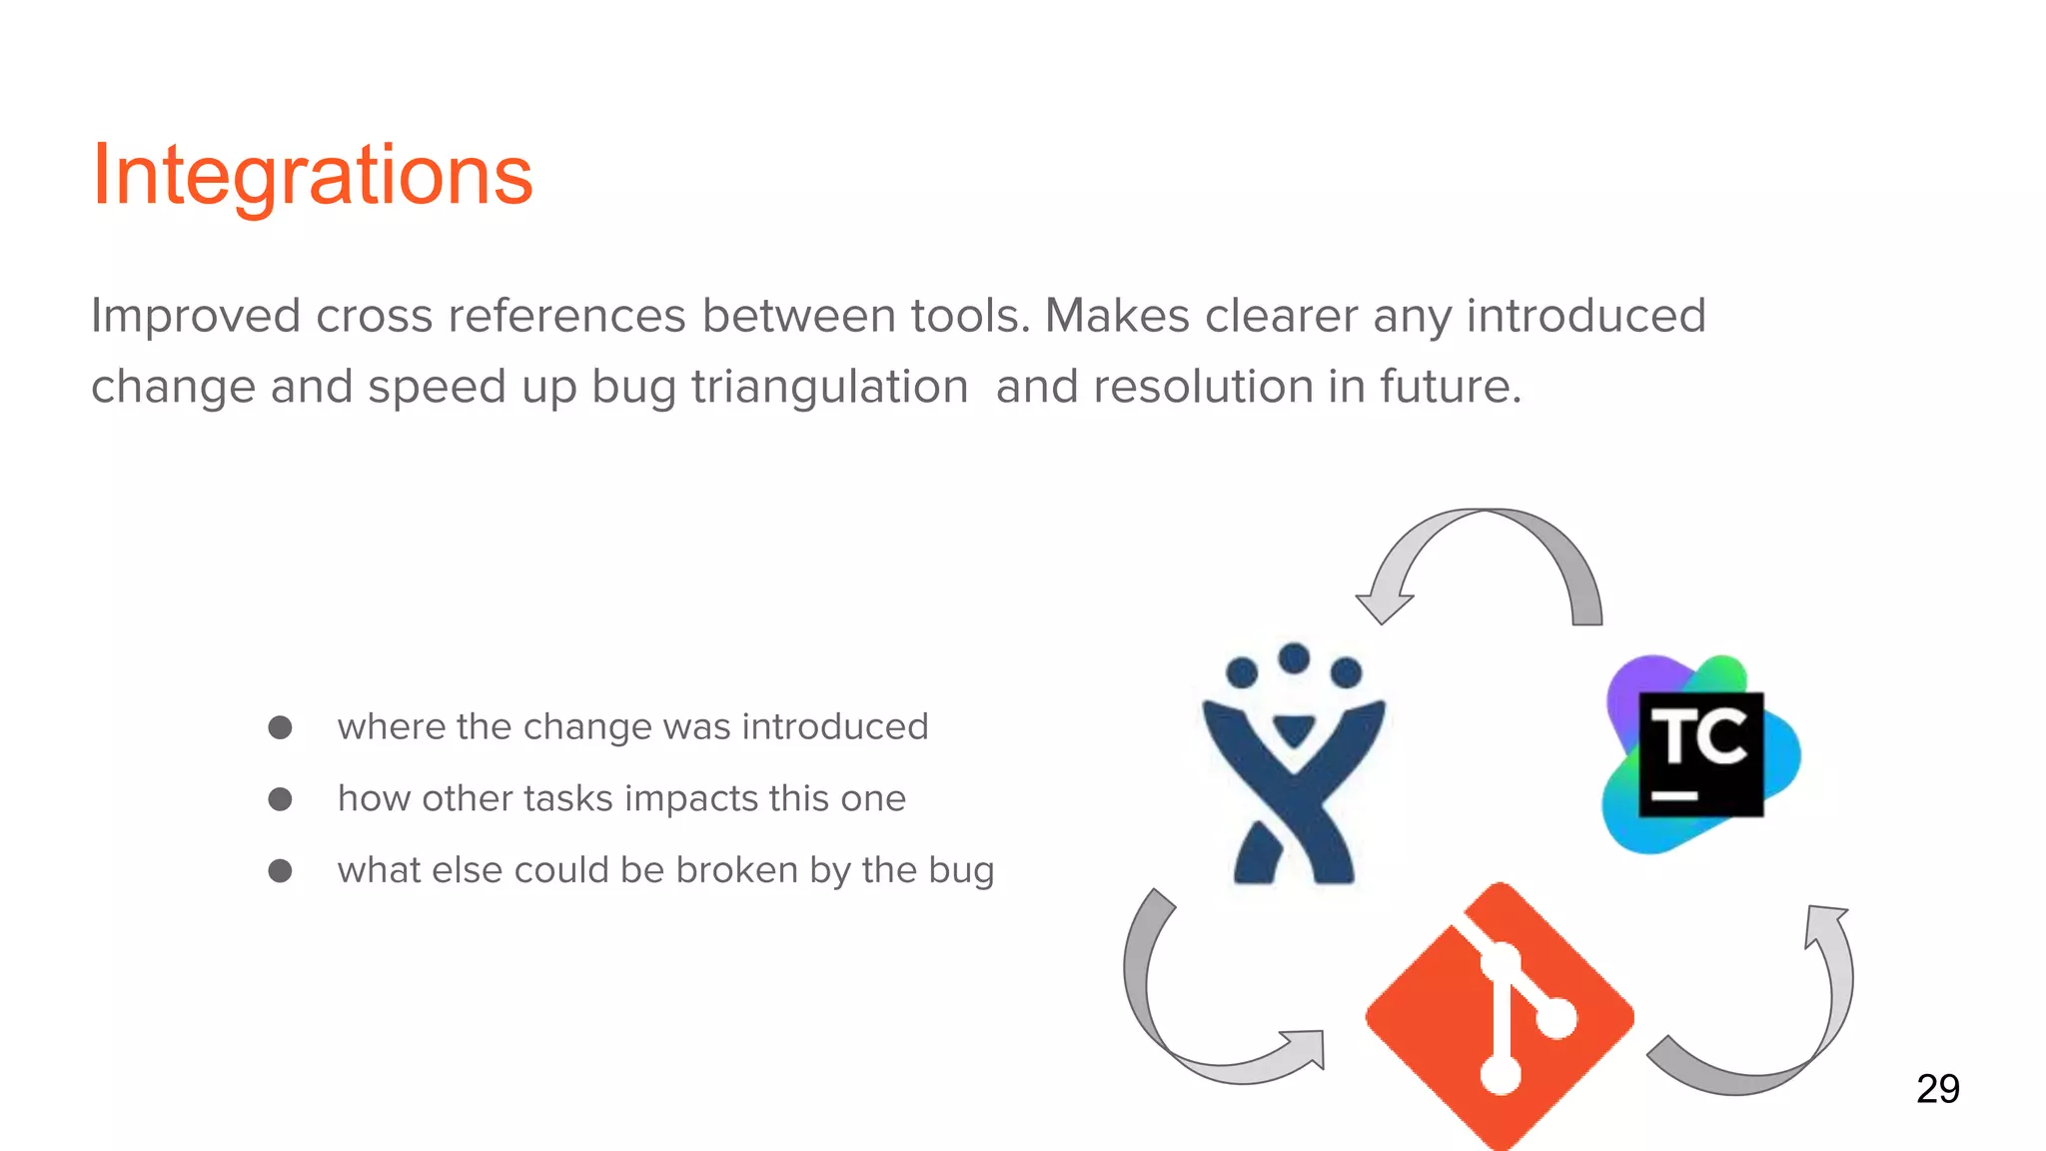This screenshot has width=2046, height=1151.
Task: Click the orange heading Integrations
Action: click(x=312, y=176)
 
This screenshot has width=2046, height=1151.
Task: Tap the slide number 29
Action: click(x=1937, y=1088)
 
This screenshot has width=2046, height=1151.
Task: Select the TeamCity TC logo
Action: click(x=1701, y=754)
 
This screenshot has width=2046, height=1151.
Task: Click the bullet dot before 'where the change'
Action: click(x=280, y=727)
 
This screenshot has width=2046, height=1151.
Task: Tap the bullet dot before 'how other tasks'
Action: click(x=280, y=799)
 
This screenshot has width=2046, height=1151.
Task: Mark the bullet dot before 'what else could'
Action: click(x=280, y=871)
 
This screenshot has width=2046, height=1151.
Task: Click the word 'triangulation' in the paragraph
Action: click(x=829, y=387)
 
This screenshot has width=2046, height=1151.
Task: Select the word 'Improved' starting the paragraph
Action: click(x=196, y=317)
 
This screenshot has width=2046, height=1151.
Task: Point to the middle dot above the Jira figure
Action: click(x=1294, y=658)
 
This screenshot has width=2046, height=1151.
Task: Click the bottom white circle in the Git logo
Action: click(x=1500, y=1075)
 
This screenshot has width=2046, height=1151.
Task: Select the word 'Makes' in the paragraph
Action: click(x=1117, y=317)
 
